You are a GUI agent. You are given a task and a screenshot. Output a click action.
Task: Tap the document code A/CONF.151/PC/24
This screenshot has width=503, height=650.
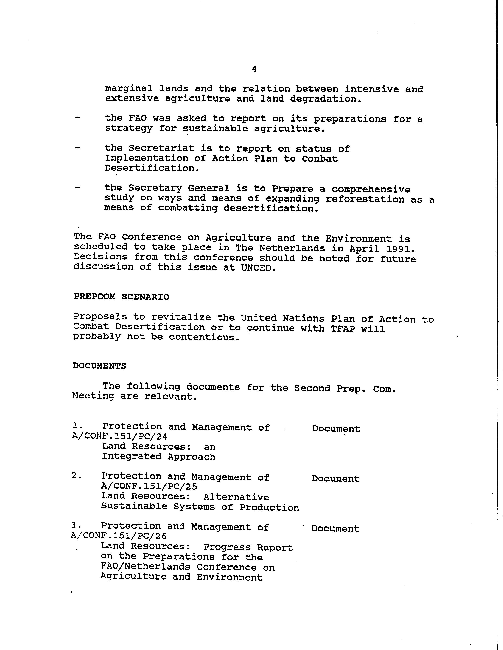tap(120, 437)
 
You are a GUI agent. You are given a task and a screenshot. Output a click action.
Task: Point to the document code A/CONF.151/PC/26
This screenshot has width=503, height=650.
tap(119, 536)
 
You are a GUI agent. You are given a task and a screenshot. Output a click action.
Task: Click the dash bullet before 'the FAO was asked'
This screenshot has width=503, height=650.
tap(78, 118)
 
